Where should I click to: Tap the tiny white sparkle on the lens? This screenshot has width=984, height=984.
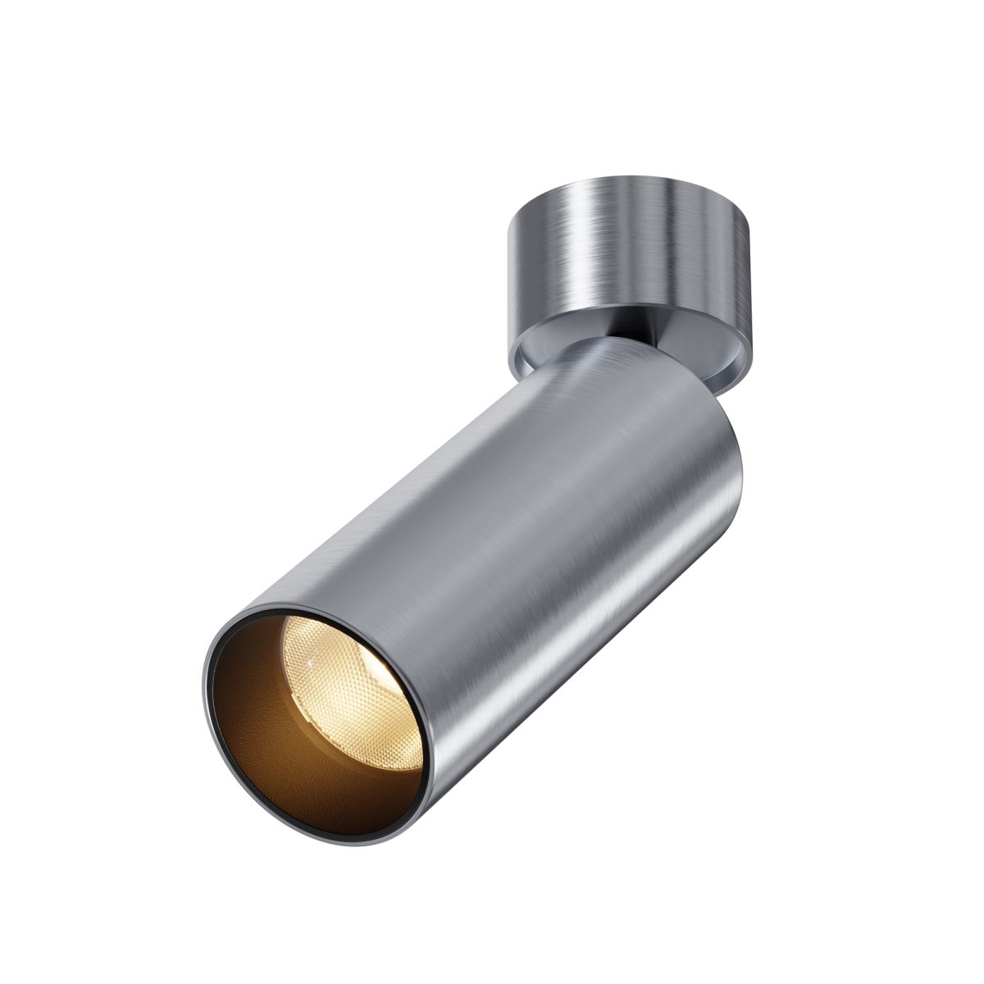coord(310,658)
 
